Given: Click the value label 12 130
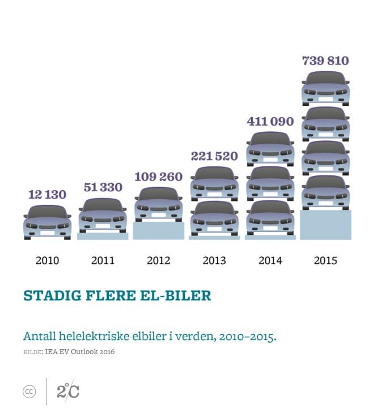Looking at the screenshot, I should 48,195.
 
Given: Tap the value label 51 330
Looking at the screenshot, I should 103,187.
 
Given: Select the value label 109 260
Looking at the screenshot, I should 159,177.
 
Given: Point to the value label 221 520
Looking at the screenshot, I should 214,156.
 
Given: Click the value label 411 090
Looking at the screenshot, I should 270,121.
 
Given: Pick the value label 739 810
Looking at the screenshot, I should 325,61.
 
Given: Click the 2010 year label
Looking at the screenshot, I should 48,261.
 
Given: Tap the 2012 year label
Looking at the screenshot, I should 159,261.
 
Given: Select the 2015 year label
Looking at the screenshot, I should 325,261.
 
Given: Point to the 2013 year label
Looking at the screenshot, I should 214,261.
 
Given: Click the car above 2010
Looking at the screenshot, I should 48,221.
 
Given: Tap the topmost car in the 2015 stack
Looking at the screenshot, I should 325,88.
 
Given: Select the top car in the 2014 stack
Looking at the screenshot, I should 270,148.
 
